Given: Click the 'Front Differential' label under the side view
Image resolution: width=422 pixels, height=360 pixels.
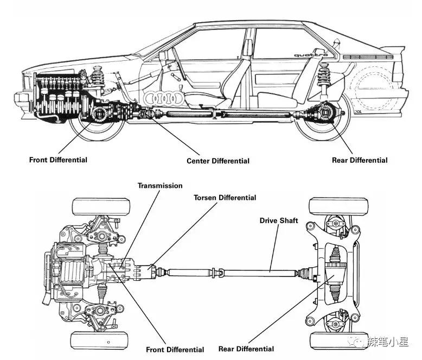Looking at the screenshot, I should (x=58, y=160).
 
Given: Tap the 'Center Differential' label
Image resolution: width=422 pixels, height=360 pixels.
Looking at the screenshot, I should (x=218, y=161).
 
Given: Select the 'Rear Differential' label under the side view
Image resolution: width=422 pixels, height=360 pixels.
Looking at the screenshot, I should (x=360, y=160).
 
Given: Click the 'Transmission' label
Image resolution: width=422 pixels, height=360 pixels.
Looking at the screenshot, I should (x=160, y=186).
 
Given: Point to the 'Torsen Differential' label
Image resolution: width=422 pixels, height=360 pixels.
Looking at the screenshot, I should (x=225, y=198).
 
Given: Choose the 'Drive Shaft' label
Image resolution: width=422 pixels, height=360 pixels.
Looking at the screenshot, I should (x=278, y=220).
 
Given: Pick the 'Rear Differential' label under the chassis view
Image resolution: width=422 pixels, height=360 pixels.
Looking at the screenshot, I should (x=246, y=349).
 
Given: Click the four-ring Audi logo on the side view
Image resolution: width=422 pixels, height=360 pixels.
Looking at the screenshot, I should (x=164, y=98).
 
